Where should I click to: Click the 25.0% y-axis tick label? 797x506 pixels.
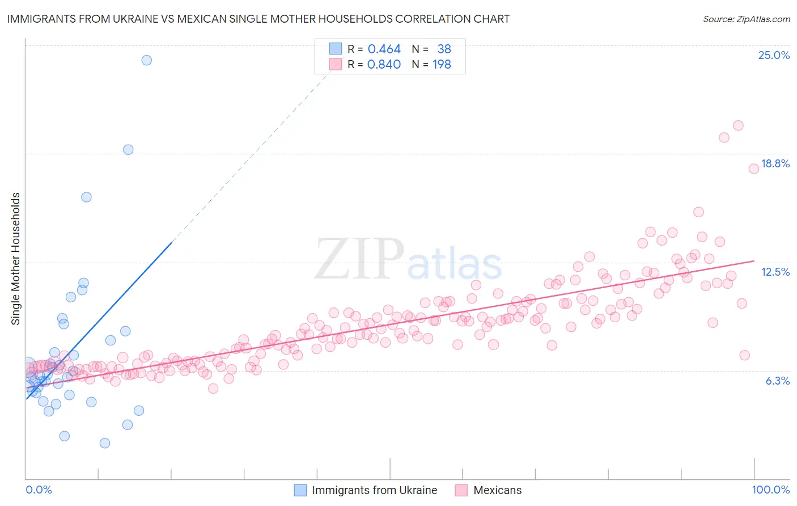tap(774, 55)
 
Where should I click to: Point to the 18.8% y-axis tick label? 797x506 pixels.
tap(775, 163)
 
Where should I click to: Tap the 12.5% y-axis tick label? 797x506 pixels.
tap(775, 272)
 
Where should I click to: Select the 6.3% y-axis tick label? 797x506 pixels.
tap(777, 381)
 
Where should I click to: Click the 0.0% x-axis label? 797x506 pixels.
tap(39, 490)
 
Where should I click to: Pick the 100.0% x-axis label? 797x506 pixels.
tap(770, 490)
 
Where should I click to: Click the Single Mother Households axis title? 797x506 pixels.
tap(16, 259)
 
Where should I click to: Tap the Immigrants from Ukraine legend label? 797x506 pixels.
tap(374, 490)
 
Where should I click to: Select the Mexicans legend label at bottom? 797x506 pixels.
tap(497, 490)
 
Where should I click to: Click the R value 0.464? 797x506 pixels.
tap(384, 49)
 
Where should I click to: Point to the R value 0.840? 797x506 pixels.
tap(384, 65)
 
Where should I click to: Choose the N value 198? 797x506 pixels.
tap(442, 65)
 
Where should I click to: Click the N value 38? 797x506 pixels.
tap(444, 49)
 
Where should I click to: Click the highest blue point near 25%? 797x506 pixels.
tap(146, 60)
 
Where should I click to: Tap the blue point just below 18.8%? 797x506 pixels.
tap(128, 150)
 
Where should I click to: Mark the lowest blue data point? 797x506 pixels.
tap(105, 443)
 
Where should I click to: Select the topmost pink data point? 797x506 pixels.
tap(738, 125)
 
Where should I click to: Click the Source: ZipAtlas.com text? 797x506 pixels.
tap(746, 19)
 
